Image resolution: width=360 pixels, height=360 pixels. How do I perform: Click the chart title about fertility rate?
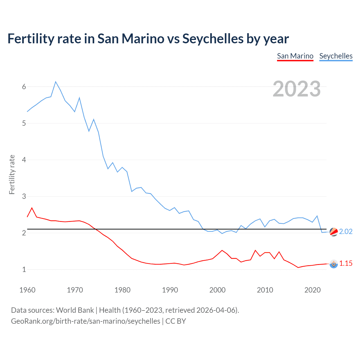[x=148, y=39]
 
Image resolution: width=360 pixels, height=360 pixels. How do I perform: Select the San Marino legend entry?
[x=295, y=56]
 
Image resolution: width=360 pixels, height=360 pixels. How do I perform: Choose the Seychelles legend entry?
[x=336, y=56]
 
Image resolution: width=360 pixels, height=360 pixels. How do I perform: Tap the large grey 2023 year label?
[x=296, y=89]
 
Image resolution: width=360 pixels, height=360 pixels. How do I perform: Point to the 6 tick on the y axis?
[x=24, y=87]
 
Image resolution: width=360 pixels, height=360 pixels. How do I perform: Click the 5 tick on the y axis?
[x=24, y=123]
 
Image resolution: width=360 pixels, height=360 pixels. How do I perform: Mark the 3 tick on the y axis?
[x=24, y=196]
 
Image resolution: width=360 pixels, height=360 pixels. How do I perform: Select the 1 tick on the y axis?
[x=24, y=269]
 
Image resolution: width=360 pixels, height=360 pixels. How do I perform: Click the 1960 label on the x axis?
[x=27, y=290]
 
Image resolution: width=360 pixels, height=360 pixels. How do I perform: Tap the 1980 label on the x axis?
[x=122, y=290]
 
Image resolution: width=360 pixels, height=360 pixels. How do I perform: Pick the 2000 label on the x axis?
[x=217, y=290]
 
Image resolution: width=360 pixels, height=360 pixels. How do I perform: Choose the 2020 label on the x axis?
[x=312, y=290]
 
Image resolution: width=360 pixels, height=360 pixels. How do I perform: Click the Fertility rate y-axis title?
[x=12, y=174]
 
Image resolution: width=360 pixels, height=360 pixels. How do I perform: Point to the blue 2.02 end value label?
[x=346, y=231]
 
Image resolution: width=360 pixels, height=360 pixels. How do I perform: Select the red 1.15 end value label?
[x=346, y=264]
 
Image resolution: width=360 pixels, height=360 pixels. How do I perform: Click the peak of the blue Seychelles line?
[x=56, y=82]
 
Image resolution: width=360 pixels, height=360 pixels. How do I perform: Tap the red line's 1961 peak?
[x=32, y=208]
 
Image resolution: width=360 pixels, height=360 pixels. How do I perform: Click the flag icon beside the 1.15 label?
[x=334, y=264]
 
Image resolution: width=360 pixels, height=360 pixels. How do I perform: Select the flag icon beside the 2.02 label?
[x=334, y=232]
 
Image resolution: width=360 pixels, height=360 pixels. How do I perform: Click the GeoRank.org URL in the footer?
[x=85, y=321]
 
